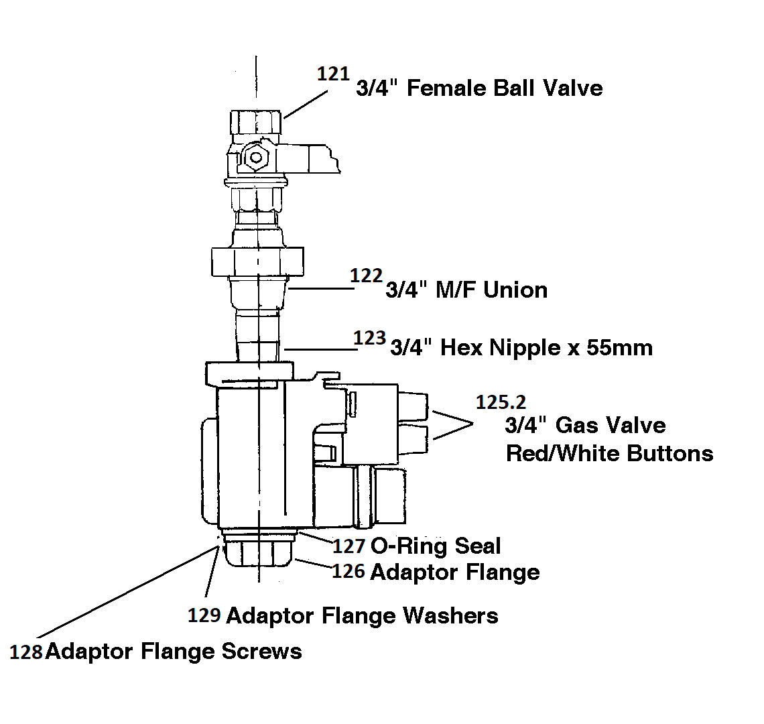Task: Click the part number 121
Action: (333, 74)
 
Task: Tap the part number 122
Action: (367, 276)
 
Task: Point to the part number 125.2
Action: (501, 402)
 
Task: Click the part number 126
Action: (348, 571)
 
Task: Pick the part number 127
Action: (348, 546)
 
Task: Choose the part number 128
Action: (27, 652)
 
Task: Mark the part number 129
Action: (204, 615)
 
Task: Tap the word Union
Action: (515, 290)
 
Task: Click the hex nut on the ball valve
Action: (255, 159)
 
